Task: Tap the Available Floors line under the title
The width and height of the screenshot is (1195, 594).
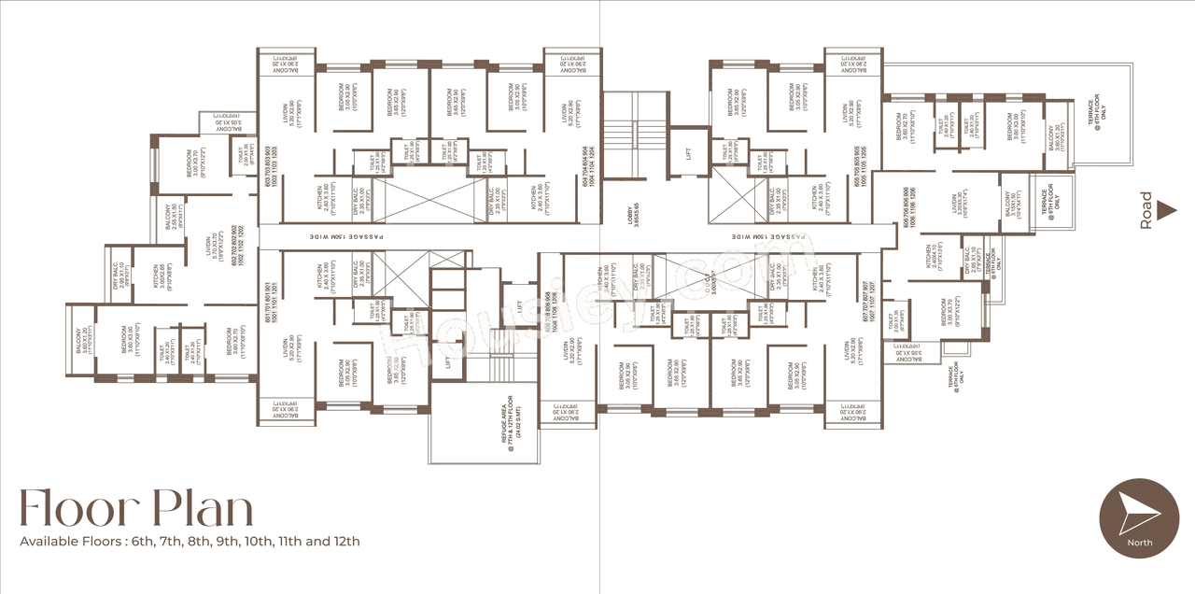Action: [190, 541]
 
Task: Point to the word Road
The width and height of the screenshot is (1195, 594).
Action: [1146, 212]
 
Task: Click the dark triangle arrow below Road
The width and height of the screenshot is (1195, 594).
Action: [1165, 212]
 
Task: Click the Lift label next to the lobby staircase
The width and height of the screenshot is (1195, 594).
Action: [689, 154]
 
